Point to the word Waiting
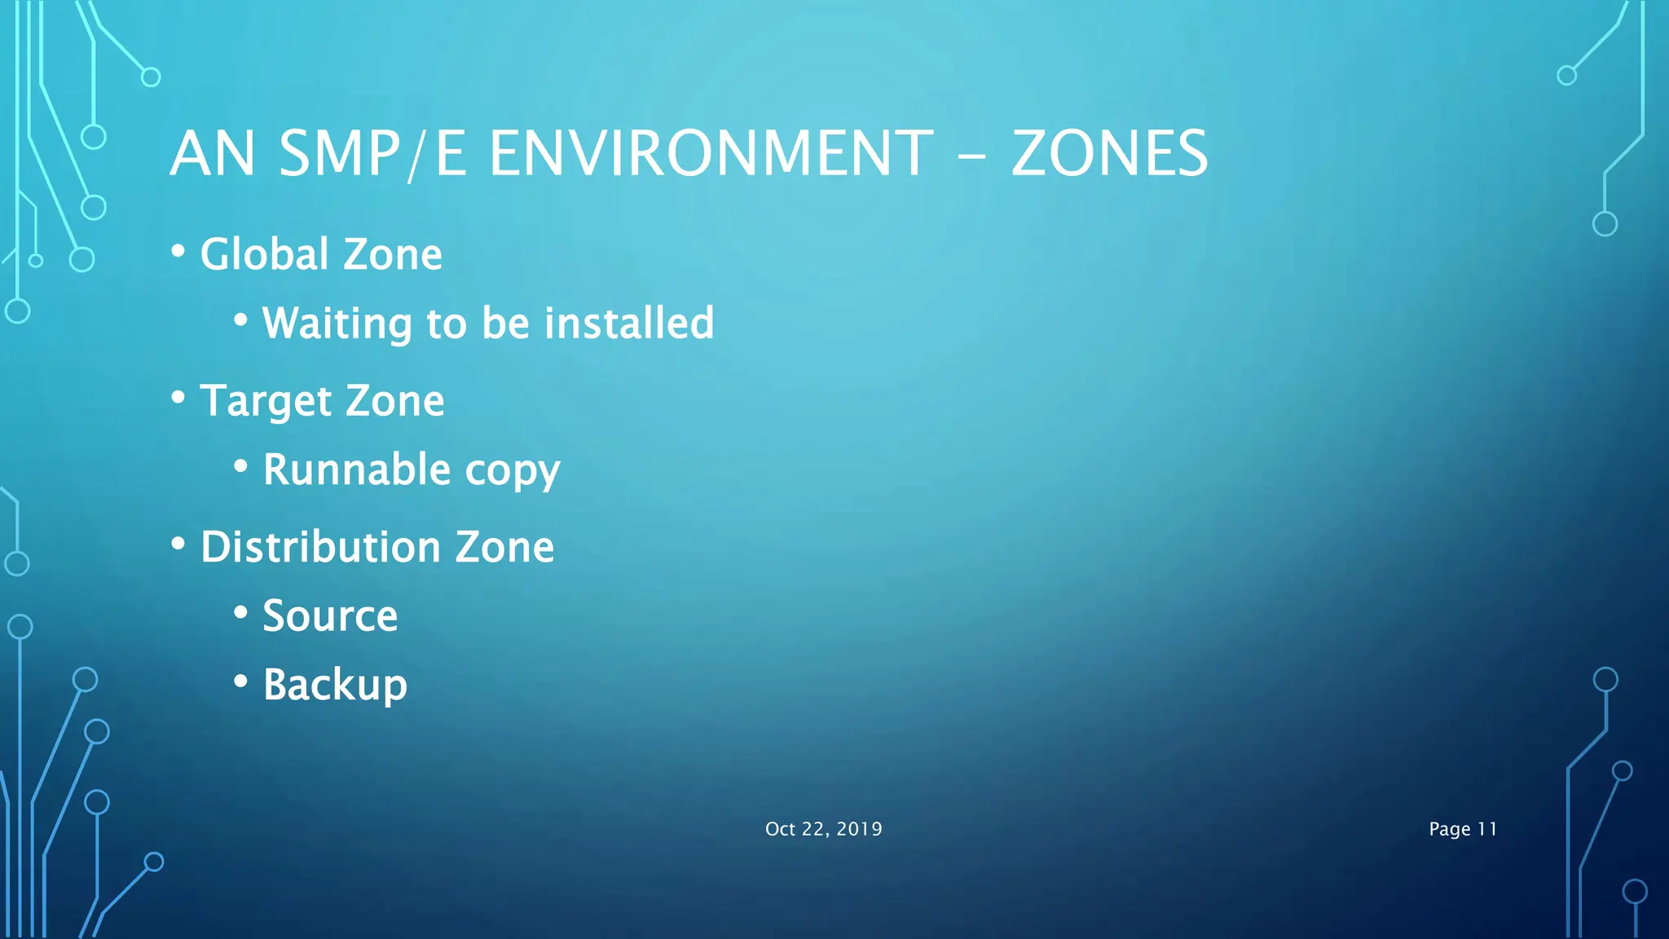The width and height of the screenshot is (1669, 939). click(x=337, y=323)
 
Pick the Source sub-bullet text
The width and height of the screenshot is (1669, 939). click(x=330, y=616)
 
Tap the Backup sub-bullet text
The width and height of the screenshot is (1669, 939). click(x=335, y=685)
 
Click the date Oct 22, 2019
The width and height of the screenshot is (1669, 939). click(x=823, y=829)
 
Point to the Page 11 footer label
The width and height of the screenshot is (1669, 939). click(x=1463, y=829)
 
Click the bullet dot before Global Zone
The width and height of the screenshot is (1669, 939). click(x=178, y=251)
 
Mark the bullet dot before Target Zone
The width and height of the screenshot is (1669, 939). click(x=178, y=398)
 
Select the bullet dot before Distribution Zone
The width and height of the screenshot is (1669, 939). click(x=178, y=544)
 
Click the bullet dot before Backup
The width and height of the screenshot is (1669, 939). click(x=240, y=681)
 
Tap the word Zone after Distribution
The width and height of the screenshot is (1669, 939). click(x=504, y=547)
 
